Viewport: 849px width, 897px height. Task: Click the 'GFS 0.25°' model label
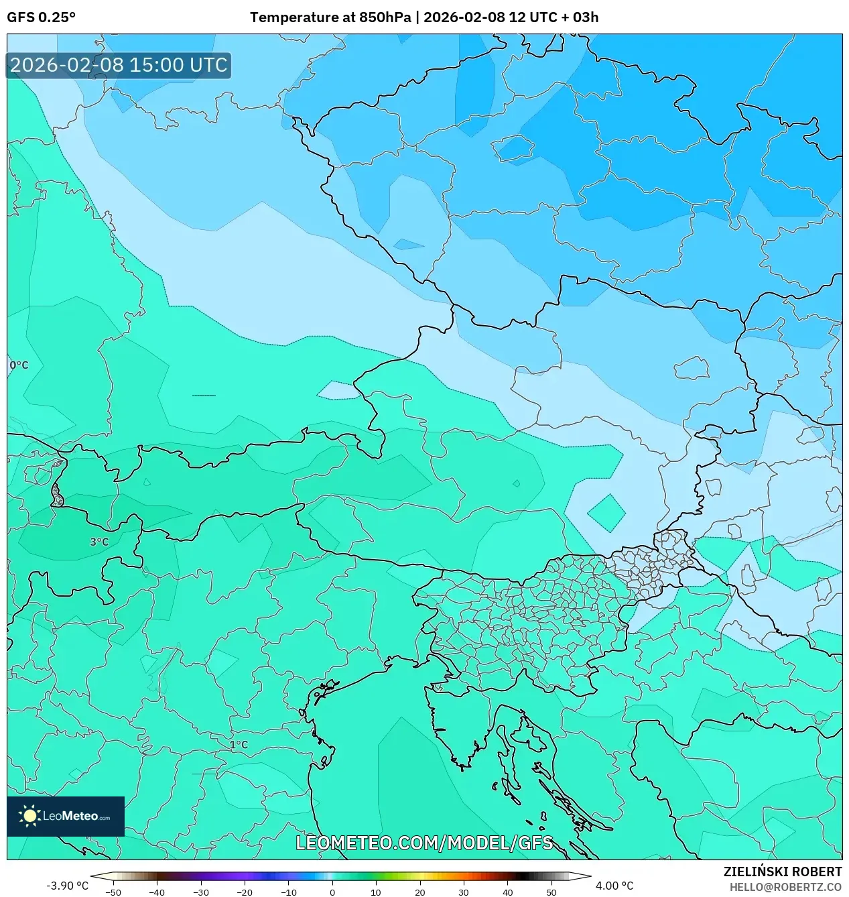coord(41,17)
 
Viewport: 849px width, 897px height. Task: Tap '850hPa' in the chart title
coord(385,17)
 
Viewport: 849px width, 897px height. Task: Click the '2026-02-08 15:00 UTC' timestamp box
coord(119,65)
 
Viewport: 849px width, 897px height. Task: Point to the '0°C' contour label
coord(19,365)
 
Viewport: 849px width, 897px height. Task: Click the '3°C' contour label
coord(99,542)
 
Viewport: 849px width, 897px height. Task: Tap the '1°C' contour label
coord(239,745)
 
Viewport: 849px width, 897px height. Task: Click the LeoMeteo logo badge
coord(66,816)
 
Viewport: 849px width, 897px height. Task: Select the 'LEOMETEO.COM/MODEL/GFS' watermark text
coord(424,843)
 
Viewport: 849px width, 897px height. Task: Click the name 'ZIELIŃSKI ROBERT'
coord(782,872)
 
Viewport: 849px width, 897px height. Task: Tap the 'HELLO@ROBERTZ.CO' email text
coord(785,887)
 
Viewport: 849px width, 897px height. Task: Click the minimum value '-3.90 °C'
coord(67,886)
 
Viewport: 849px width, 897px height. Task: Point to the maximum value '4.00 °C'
coord(614,886)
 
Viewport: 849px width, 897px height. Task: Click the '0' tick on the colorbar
coord(332,892)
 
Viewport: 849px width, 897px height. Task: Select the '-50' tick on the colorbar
coord(113,892)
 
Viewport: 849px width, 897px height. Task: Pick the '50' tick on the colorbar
coord(551,892)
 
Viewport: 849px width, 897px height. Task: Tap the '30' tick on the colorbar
coord(464,892)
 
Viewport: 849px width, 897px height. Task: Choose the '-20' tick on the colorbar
coord(245,892)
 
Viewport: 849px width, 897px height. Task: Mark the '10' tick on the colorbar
coord(376,892)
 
